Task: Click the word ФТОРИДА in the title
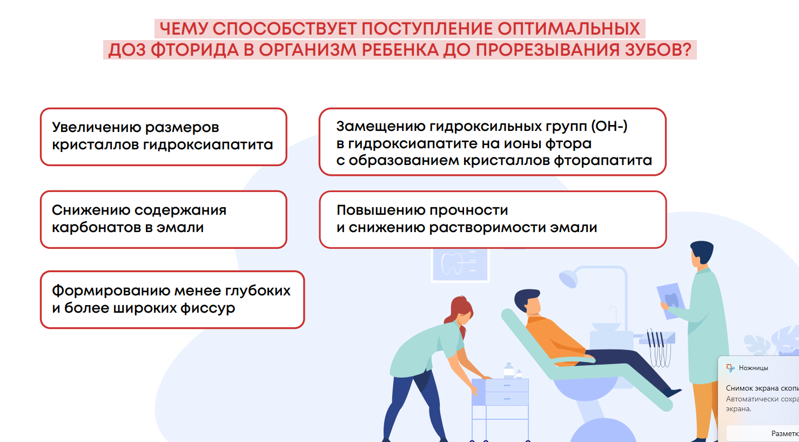(195, 50)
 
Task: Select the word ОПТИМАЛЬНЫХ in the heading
(569, 29)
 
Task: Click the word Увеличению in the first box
(96, 128)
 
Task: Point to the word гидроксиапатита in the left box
(208, 144)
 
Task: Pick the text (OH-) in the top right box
(609, 126)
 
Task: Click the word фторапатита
(603, 161)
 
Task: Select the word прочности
(469, 210)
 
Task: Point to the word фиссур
(207, 308)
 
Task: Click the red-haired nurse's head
(461, 311)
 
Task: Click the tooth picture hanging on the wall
(460, 265)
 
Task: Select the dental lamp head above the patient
(568, 279)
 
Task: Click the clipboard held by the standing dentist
(670, 301)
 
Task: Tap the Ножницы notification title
(753, 368)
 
